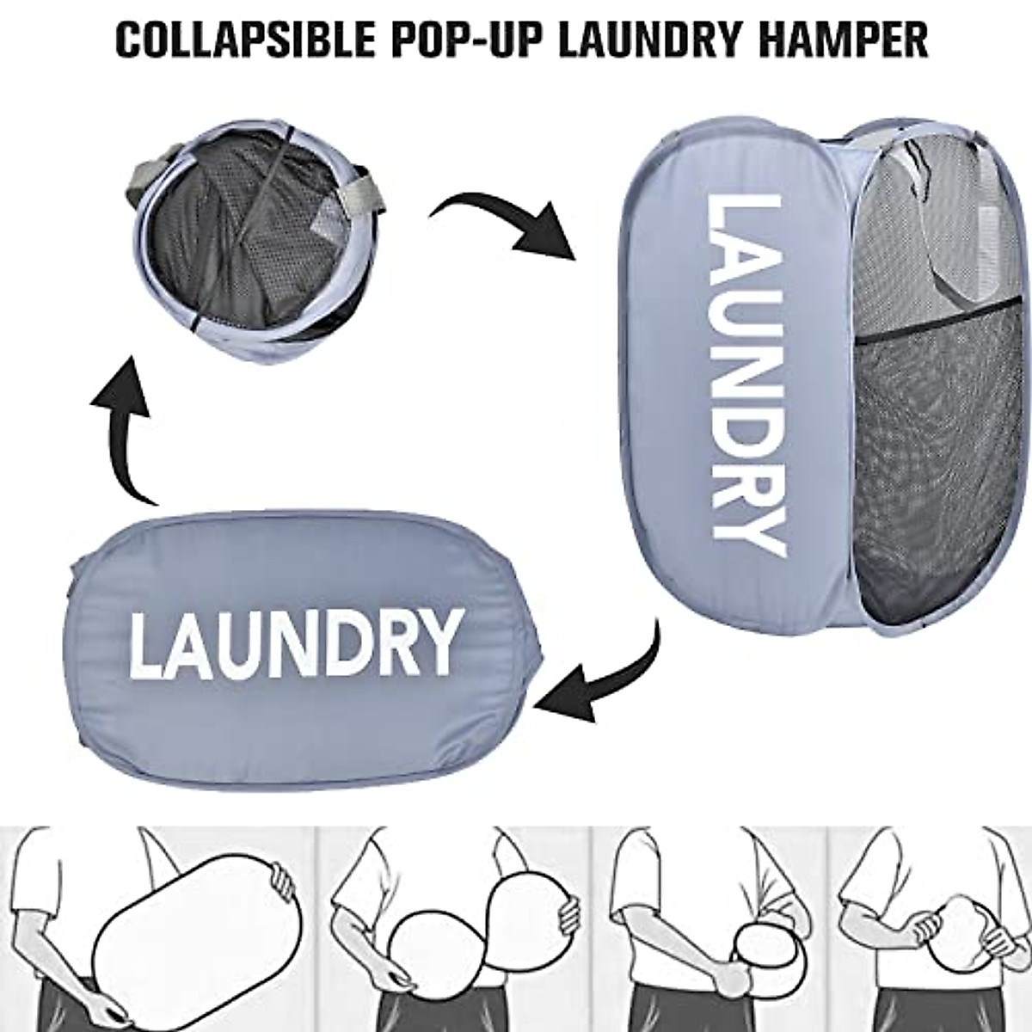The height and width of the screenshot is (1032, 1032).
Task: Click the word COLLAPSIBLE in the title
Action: click(x=233, y=40)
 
